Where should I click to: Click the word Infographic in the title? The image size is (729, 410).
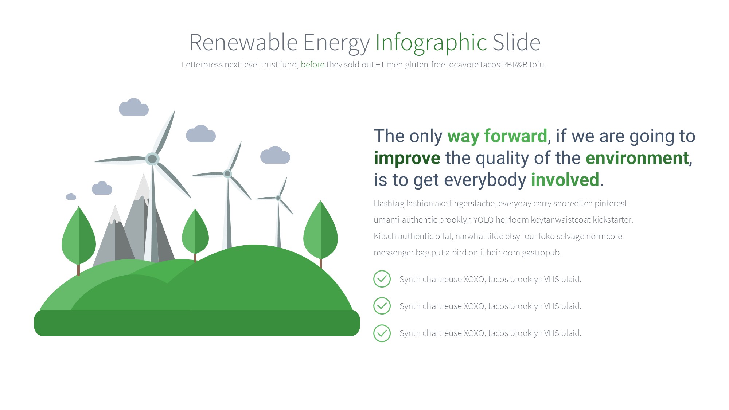click(431, 43)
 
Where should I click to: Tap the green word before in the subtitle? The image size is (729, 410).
click(312, 65)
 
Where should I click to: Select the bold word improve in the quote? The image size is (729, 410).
click(407, 159)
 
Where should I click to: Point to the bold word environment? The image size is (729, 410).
click(637, 158)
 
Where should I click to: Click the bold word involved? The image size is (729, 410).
click(565, 180)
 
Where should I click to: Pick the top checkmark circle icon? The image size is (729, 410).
click(382, 279)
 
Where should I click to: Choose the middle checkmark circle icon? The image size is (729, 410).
click(382, 306)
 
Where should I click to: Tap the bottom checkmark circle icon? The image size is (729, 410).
click(382, 333)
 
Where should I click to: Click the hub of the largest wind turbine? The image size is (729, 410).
click(152, 159)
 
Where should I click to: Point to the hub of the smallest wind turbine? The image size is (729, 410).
click(278, 198)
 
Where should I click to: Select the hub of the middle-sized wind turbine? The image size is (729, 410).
click(227, 174)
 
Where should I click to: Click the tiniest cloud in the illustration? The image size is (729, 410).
click(71, 196)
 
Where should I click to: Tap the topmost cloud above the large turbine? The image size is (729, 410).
click(134, 107)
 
